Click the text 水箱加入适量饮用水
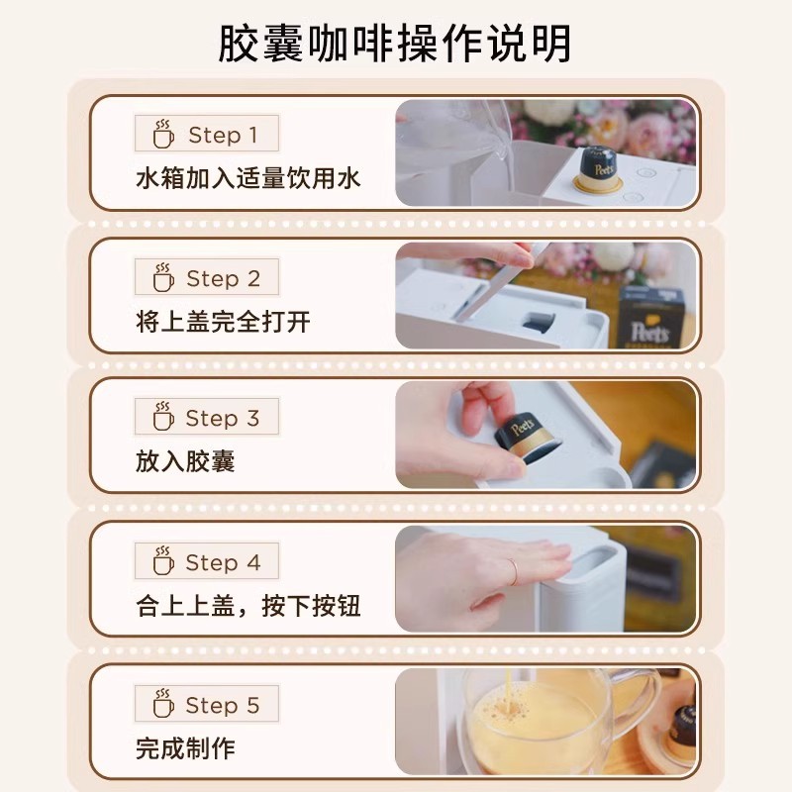pyautogui.click(x=247, y=179)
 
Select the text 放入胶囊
pyautogui.click(x=185, y=461)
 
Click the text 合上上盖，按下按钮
pyautogui.click(x=247, y=605)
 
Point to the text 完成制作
pyautogui.click(x=185, y=747)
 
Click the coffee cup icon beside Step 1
pyautogui.click(x=162, y=135)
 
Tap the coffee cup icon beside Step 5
pyautogui.click(x=162, y=705)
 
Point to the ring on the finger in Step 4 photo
pyautogui.click(x=512, y=570)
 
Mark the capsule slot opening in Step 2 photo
pyautogui.click(x=537, y=322)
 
